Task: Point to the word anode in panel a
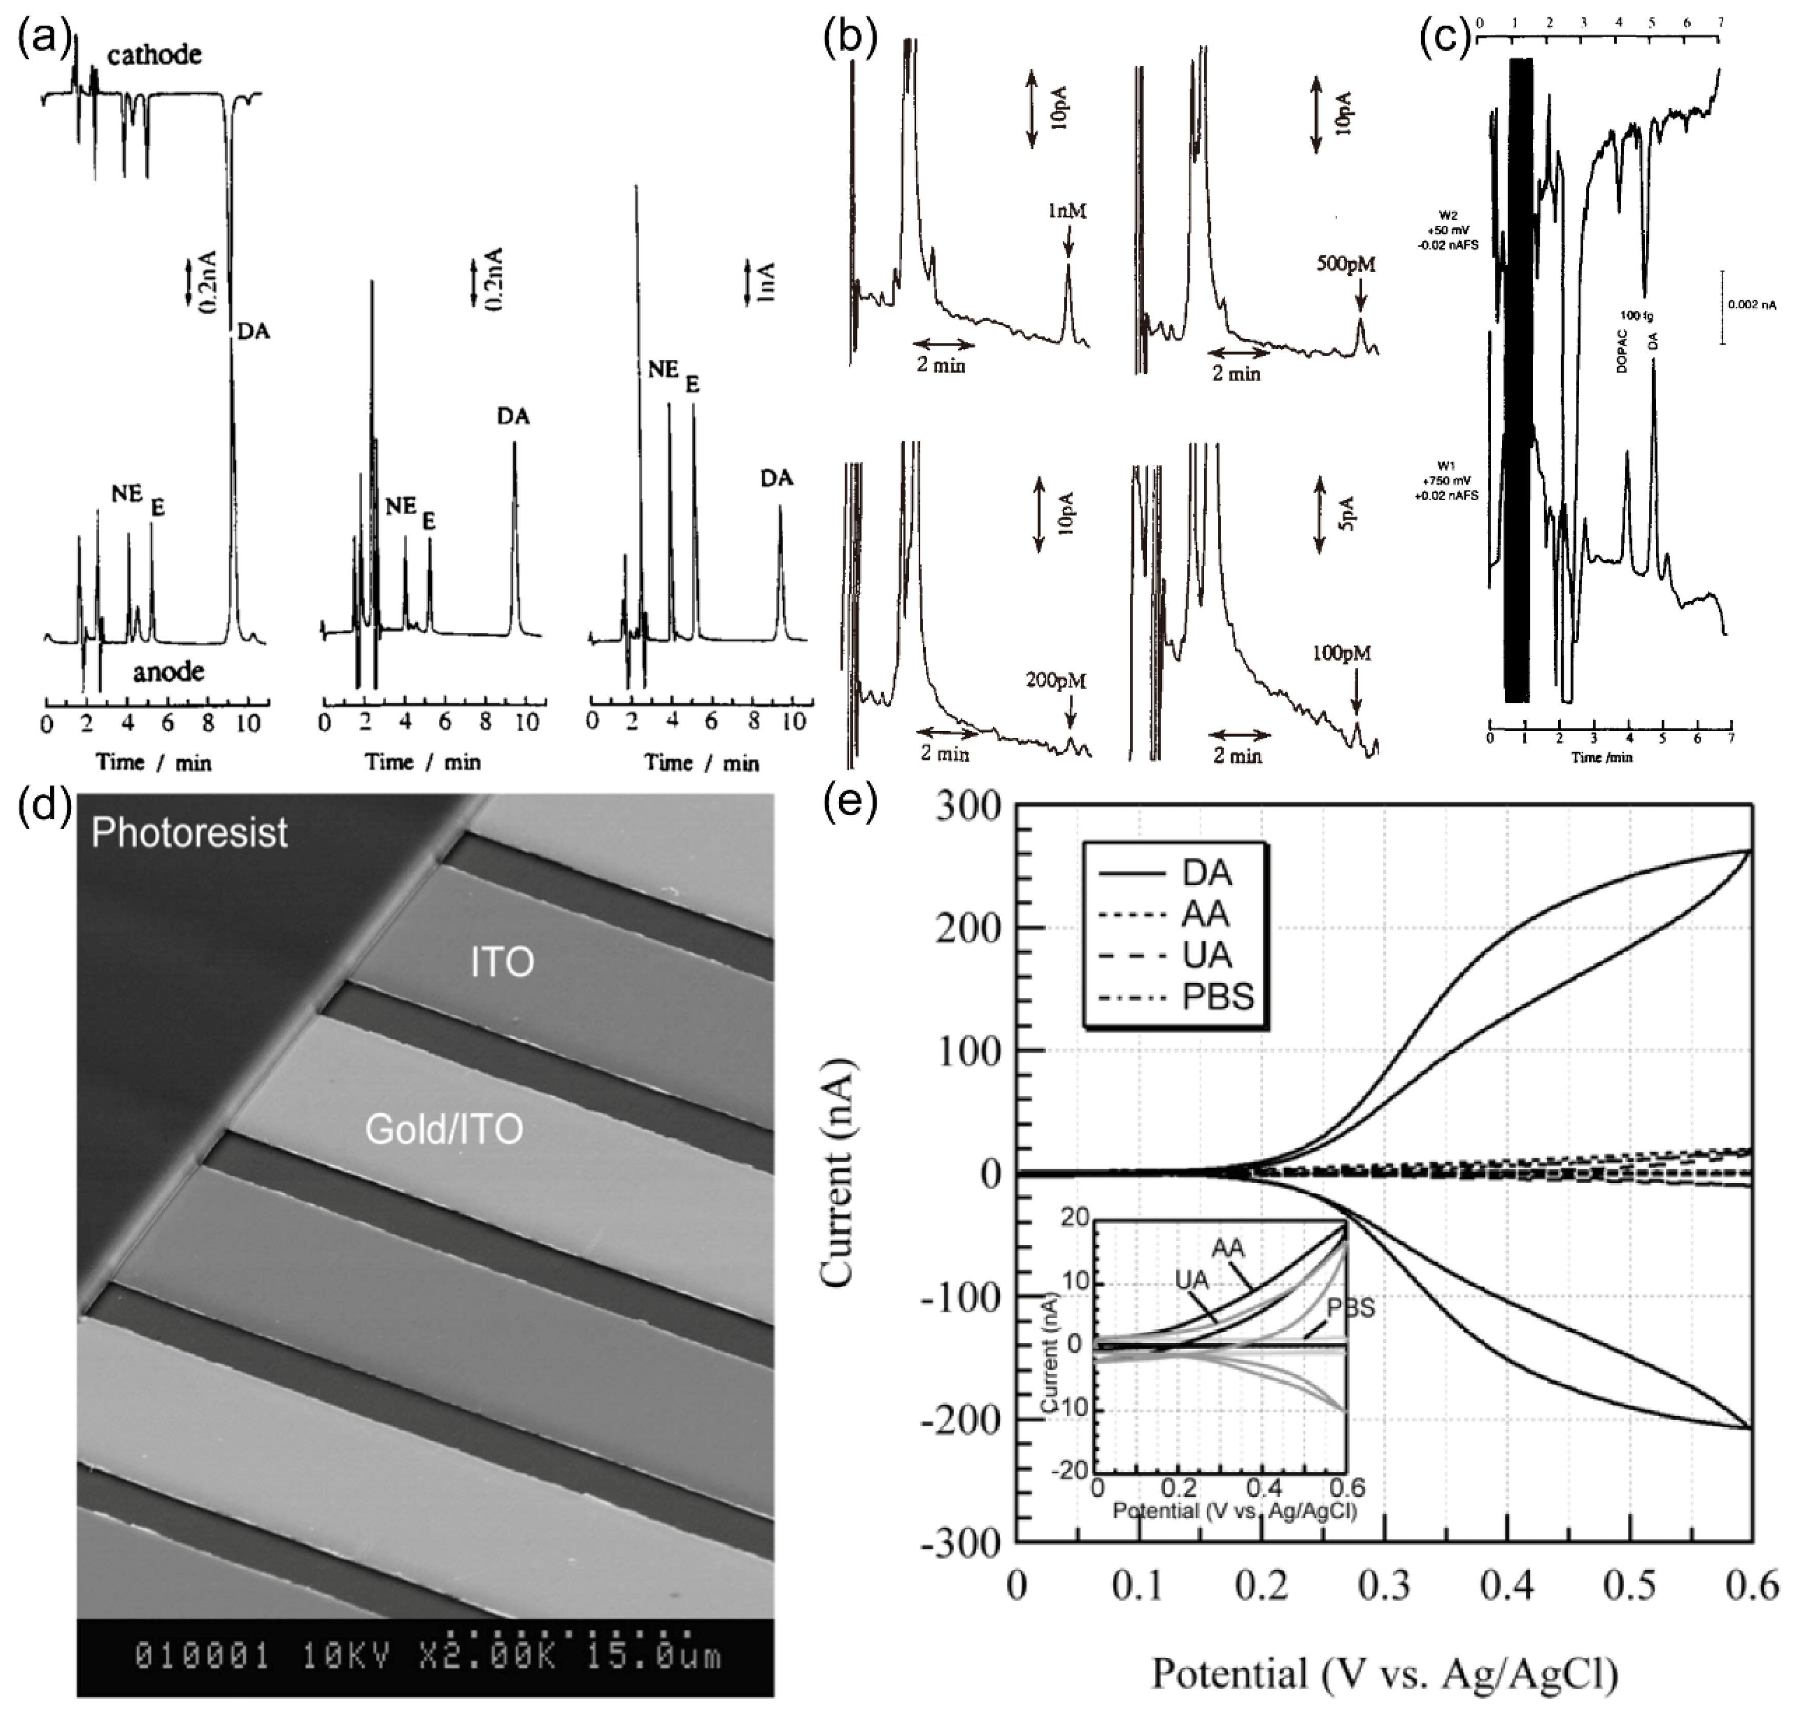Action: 168,672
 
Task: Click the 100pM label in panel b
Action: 1342,653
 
